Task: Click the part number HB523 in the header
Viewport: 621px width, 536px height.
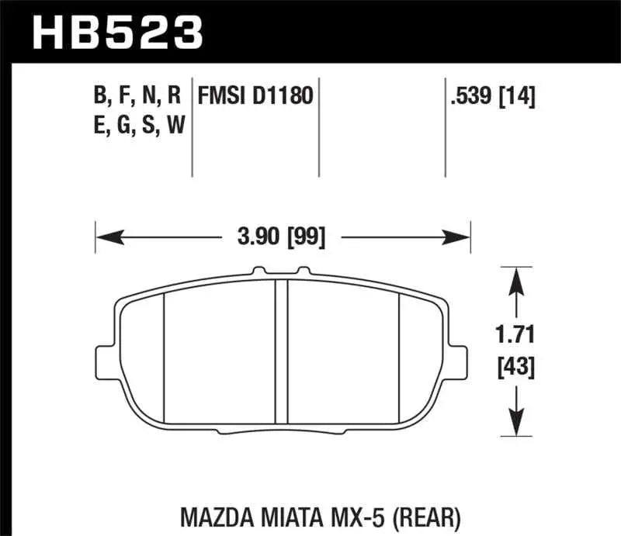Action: (x=116, y=32)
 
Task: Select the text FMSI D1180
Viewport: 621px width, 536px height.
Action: (x=255, y=97)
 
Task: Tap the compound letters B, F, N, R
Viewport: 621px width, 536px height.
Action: (x=137, y=97)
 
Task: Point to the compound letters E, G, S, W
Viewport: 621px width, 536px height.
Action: (x=137, y=125)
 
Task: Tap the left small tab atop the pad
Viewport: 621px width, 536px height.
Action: (x=258, y=271)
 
